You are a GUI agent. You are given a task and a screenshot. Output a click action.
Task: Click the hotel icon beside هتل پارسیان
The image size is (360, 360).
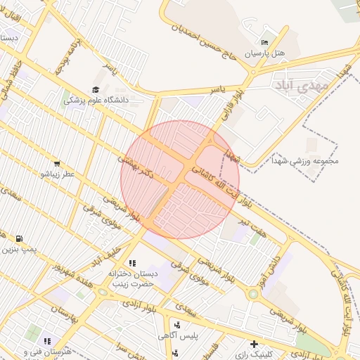click(x=265, y=41)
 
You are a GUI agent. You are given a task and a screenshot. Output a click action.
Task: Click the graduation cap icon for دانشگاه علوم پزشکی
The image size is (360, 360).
click(x=96, y=89)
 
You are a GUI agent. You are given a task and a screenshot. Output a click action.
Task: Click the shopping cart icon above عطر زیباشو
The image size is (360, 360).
click(x=56, y=162)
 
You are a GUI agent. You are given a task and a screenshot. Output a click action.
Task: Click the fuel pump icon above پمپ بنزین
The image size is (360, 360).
click(x=18, y=238)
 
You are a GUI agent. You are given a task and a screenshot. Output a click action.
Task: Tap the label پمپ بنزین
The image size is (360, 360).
click(x=19, y=249)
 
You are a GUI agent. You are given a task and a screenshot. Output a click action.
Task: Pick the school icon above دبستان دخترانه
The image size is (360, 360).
click(x=132, y=263)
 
